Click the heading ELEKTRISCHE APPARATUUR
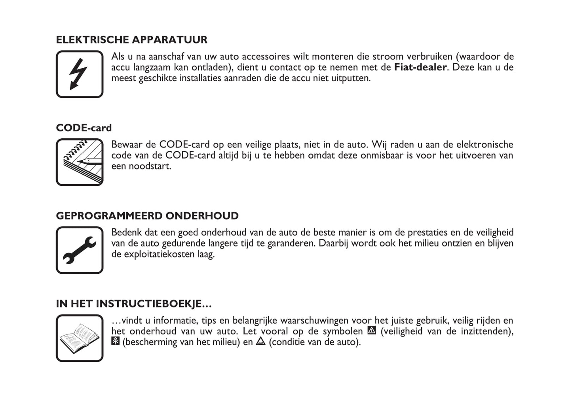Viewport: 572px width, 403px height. pyautogui.click(x=131, y=40)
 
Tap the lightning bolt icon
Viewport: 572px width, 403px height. pyautogui.click(x=80, y=74)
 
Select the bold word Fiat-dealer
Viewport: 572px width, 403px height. pyautogui.click(x=420, y=67)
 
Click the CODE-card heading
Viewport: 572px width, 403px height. pyautogui.click(x=84, y=128)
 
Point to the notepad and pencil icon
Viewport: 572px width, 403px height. pyautogui.click(x=80, y=162)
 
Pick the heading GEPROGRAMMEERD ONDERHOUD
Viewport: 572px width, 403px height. pyautogui.click(x=147, y=216)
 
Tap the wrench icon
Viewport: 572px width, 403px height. pyautogui.click(x=80, y=250)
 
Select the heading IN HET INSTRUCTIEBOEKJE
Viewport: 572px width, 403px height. pyautogui.click(x=134, y=304)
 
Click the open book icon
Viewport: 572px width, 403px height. pyautogui.click(x=80, y=338)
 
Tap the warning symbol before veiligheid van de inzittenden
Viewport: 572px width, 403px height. pyautogui.click(x=371, y=330)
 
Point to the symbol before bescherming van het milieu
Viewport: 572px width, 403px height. pyautogui.click(x=115, y=341)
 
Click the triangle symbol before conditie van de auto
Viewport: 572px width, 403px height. pyautogui.click(x=260, y=341)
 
